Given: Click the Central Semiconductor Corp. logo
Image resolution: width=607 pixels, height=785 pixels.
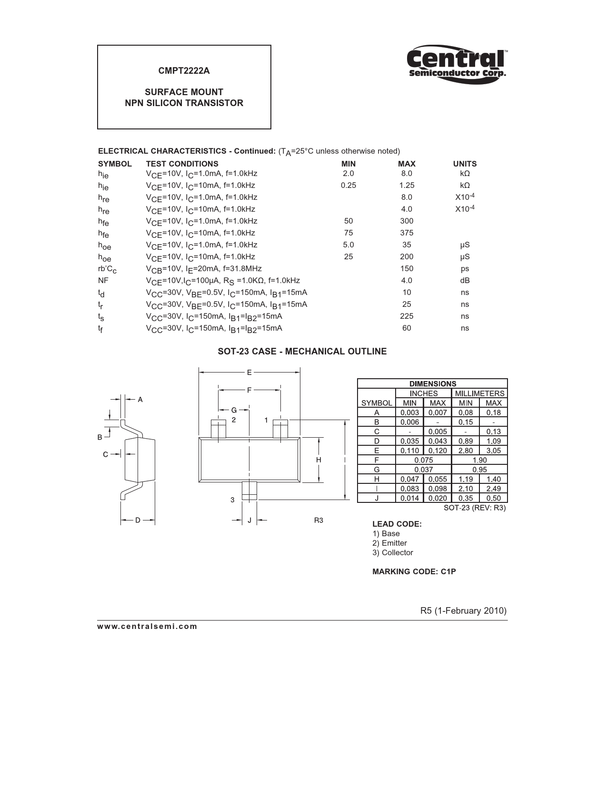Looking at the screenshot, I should (457, 63).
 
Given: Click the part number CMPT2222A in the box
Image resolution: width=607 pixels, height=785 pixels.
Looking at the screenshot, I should (184, 71).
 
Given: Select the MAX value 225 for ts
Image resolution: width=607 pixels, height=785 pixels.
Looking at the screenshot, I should (407, 316).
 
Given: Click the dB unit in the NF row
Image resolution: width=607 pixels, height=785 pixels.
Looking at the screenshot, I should (465, 280).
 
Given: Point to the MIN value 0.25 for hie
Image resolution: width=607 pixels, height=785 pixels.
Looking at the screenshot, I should (348, 185).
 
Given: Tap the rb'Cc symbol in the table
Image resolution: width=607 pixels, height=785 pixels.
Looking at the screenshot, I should (107, 269).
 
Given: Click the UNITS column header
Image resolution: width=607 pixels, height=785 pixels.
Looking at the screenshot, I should (465, 164).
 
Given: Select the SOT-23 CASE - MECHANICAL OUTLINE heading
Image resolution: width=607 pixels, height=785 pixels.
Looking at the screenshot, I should (302, 352).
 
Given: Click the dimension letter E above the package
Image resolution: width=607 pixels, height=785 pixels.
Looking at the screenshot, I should (249, 373).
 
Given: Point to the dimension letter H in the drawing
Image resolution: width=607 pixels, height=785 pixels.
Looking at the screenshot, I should (318, 460).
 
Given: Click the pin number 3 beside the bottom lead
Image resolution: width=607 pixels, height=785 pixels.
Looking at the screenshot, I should (232, 500).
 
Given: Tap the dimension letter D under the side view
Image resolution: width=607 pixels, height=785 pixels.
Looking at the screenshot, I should (138, 520).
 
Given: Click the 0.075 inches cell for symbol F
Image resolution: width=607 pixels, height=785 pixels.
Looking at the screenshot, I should (423, 460).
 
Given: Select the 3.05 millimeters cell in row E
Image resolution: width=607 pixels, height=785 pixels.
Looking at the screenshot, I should (494, 451).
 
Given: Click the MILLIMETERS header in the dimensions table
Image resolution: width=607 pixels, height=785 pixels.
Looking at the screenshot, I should (479, 393).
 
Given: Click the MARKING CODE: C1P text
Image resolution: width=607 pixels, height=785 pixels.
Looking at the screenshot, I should (414, 571).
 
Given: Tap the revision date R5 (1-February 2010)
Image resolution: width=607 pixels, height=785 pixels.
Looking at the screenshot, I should (463, 610).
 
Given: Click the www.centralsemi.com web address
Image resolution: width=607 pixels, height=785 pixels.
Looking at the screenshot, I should (147, 626).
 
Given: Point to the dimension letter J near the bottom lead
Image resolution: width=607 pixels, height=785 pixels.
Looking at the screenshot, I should (249, 520).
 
